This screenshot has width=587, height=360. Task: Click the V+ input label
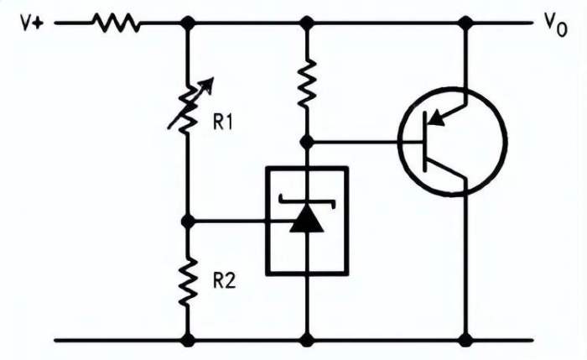(x=31, y=23)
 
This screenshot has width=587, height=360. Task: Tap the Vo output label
(x=556, y=25)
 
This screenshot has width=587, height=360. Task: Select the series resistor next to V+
(x=117, y=23)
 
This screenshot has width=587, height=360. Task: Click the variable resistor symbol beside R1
(x=188, y=105)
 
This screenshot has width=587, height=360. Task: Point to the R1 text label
(x=223, y=123)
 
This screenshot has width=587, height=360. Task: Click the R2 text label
(x=223, y=281)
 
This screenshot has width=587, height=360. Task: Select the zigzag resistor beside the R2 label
(x=188, y=281)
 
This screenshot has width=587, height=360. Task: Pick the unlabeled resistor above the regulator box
(x=308, y=81)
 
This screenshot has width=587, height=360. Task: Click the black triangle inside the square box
(x=307, y=220)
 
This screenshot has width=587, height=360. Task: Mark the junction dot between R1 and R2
(x=188, y=222)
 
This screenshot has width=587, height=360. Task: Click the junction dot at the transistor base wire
(x=308, y=142)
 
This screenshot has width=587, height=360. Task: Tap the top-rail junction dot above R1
(x=188, y=23)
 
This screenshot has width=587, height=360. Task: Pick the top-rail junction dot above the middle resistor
(x=308, y=23)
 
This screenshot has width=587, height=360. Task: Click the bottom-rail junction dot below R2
(x=188, y=340)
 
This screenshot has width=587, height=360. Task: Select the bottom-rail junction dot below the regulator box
(x=308, y=340)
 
